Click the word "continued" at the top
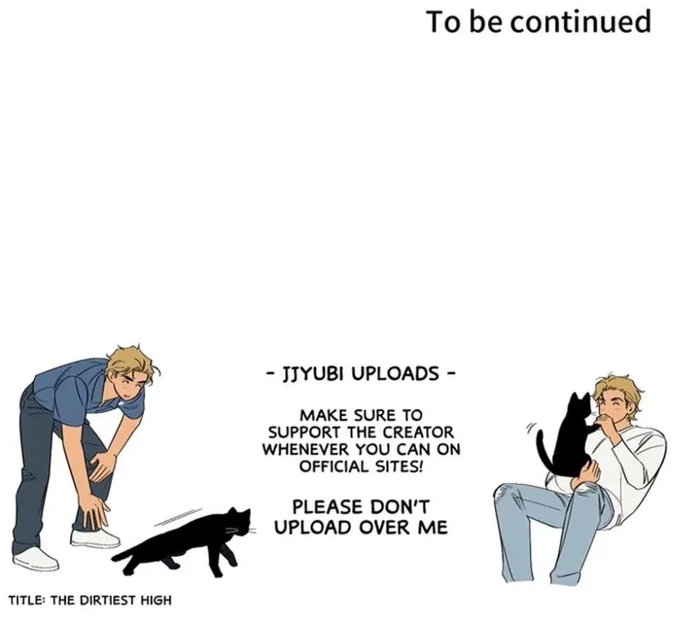(580, 23)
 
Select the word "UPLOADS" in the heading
(394, 373)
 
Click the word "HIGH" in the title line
(156, 600)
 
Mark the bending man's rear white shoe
(36, 558)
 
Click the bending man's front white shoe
(95, 538)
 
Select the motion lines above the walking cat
(178, 516)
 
